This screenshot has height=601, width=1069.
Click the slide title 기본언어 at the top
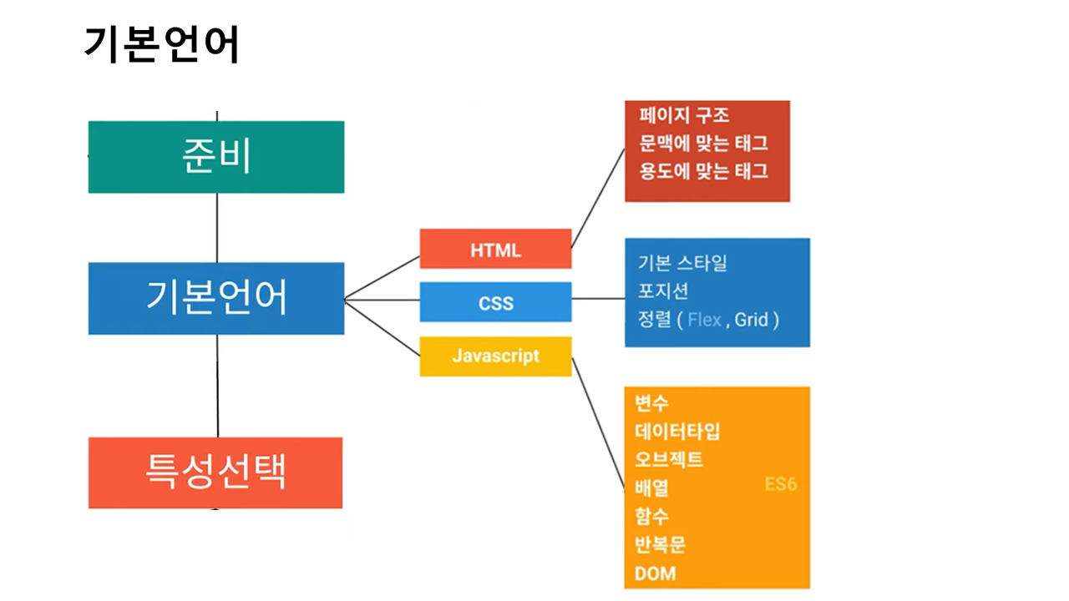click(162, 44)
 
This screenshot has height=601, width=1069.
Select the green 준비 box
click(216, 157)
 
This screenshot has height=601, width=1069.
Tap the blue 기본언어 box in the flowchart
click(216, 298)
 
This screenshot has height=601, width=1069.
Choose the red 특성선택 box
click(215, 472)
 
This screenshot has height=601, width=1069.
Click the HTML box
click(495, 250)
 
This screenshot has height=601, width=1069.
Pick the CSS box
click(495, 302)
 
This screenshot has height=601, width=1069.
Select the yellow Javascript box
click(495, 356)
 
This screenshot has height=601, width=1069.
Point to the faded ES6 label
click(780, 484)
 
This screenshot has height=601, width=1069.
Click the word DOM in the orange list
click(655, 573)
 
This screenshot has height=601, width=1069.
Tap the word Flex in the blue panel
click(704, 320)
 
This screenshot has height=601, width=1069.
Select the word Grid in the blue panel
click(752, 320)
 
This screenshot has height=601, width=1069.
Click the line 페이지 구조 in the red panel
click(684, 115)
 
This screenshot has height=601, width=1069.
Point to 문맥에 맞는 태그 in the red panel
click(703, 143)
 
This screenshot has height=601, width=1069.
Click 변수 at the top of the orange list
click(651, 403)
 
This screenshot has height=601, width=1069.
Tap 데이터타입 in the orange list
click(677, 431)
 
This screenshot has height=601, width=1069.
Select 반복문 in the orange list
click(660, 545)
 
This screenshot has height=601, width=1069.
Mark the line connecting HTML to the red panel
click(598, 198)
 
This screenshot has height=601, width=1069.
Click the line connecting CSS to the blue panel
click(598, 299)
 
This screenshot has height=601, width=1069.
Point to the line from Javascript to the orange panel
click(598, 426)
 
